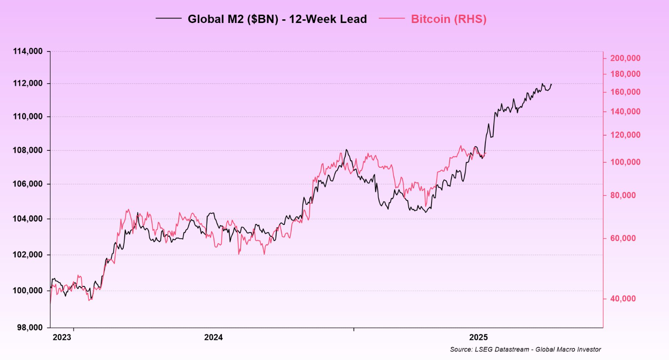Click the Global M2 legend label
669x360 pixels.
277,19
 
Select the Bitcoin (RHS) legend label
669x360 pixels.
448,19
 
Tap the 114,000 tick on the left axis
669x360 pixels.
29,51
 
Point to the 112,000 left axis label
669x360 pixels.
29,84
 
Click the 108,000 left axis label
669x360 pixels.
29,150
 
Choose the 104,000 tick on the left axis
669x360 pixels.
29,219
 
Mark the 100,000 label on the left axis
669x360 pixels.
29,291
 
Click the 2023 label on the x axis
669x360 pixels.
62,337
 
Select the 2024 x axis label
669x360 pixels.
213,337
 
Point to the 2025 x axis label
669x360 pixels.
479,337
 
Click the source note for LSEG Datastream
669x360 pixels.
525,350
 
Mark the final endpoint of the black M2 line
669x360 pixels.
551,84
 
